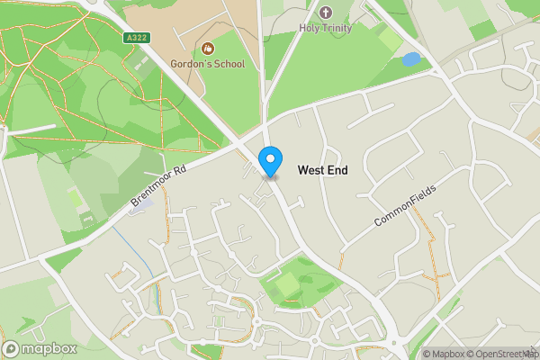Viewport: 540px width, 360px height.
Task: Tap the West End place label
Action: [x=322, y=170]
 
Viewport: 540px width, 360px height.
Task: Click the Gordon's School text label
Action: [x=208, y=64]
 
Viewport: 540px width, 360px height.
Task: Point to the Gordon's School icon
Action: [x=208, y=48]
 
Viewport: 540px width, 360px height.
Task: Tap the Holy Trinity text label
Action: [x=326, y=28]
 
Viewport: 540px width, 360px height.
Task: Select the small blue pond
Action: [x=410, y=59]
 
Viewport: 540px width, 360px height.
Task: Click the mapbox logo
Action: [x=40, y=348]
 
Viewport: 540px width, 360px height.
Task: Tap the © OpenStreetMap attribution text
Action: [x=500, y=354]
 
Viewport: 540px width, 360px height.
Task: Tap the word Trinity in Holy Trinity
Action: [x=338, y=28]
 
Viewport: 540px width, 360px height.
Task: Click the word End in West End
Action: [x=337, y=170]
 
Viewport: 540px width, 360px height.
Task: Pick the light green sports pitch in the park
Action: [x=286, y=286]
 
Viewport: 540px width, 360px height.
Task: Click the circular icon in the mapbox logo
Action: [x=12, y=348]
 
